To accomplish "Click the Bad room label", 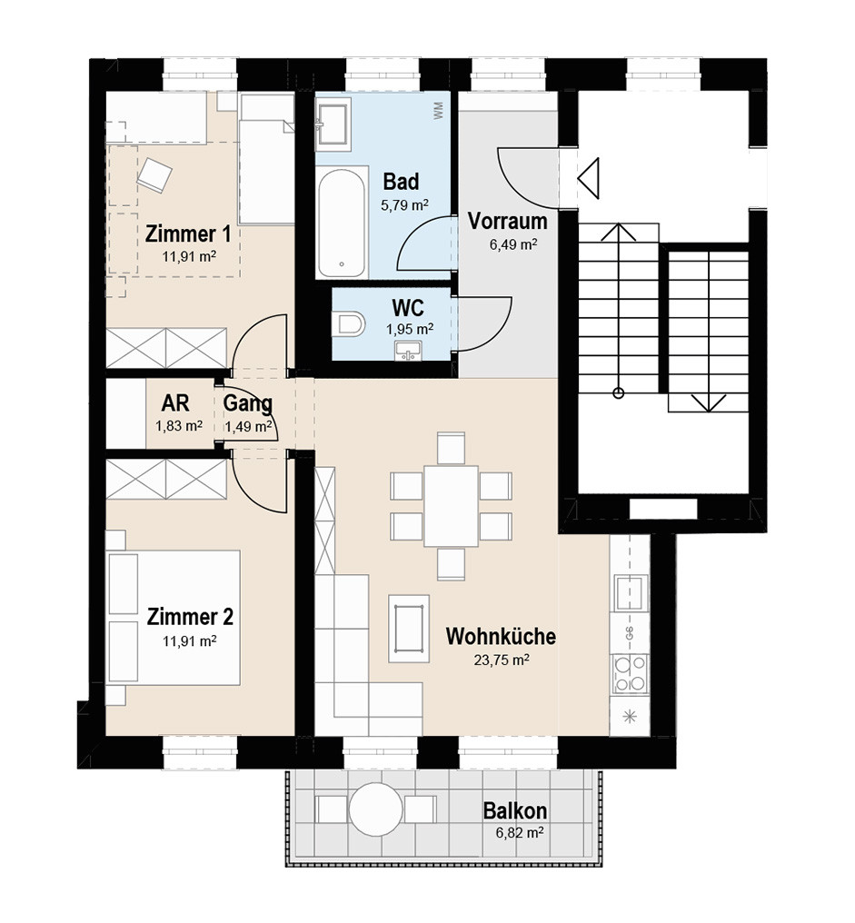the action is pyautogui.click(x=401, y=182).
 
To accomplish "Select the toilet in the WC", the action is pyautogui.click(x=349, y=323).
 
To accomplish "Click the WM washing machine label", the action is pyautogui.click(x=438, y=111).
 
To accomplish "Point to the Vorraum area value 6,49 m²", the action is pyautogui.click(x=512, y=243).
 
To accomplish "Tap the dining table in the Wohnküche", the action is pyautogui.click(x=451, y=506).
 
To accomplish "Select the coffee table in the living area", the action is pyautogui.click(x=409, y=628).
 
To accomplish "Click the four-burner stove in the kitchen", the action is pyautogui.click(x=631, y=673).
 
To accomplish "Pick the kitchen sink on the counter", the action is pyautogui.click(x=631, y=592).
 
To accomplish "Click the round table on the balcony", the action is pyautogui.click(x=375, y=809).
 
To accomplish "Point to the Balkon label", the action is pyautogui.click(x=514, y=810).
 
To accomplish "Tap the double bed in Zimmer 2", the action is pyautogui.click(x=174, y=618).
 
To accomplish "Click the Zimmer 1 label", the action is pyautogui.click(x=188, y=233).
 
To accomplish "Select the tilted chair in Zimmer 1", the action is pyautogui.click(x=154, y=174).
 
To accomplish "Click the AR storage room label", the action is pyautogui.click(x=175, y=403).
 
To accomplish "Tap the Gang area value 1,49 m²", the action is pyautogui.click(x=248, y=425).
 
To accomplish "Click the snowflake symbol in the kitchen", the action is pyautogui.click(x=630, y=717).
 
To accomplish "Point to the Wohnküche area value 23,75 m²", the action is pyautogui.click(x=502, y=660).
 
